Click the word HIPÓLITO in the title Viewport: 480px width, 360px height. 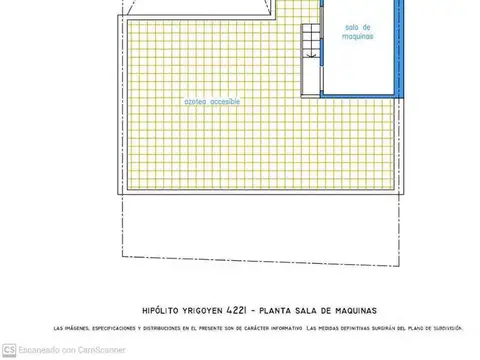(161, 309)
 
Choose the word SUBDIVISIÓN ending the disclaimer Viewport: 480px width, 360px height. (447, 328)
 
